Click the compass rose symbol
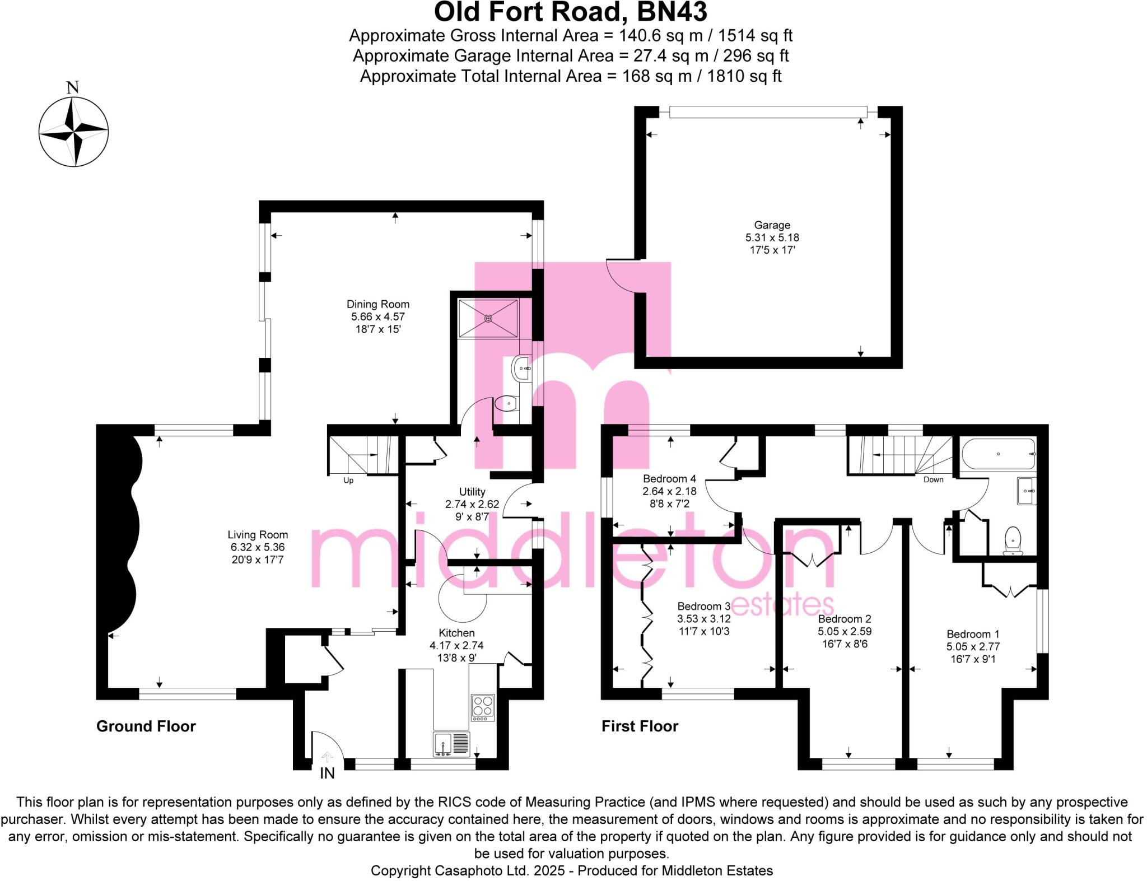[73, 132]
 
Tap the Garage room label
[772, 225]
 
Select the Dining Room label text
[378, 304]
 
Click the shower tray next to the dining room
[488, 318]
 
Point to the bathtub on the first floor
[998, 454]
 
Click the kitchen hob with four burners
[483, 707]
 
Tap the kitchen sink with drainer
[451, 744]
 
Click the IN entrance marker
[327, 773]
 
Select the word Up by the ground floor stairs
[348, 481]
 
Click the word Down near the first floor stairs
[933, 479]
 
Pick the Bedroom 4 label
[669, 479]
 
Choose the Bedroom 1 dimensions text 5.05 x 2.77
[973, 646]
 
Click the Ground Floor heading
[146, 726]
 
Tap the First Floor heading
[640, 726]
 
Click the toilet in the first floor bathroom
[1013, 540]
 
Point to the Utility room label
[472, 492]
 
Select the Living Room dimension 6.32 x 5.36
[258, 547]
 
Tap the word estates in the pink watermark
[782, 605]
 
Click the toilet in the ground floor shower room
[506, 403]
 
